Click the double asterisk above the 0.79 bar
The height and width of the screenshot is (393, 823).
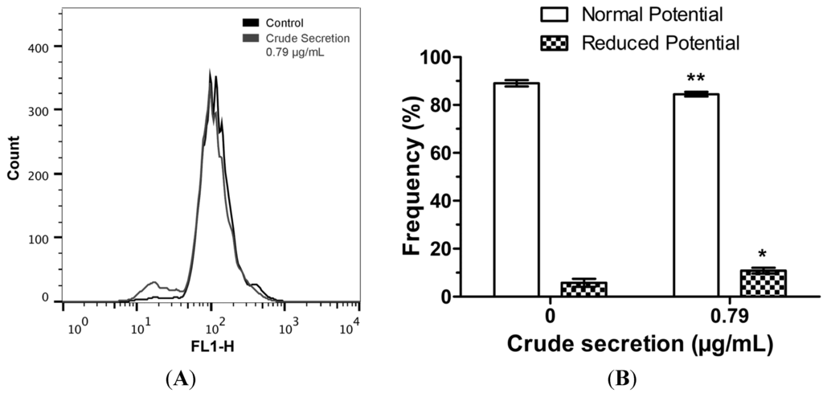pyautogui.click(x=696, y=80)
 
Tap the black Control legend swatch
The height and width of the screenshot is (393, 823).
pyautogui.click(x=251, y=24)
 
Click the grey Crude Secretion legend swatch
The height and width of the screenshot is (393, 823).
pyautogui.click(x=251, y=37)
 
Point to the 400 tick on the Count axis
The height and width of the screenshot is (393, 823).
pyautogui.click(x=47, y=47)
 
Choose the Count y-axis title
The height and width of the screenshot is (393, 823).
pyautogui.click(x=14, y=173)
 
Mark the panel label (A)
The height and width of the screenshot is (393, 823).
pyautogui.click(x=181, y=376)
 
